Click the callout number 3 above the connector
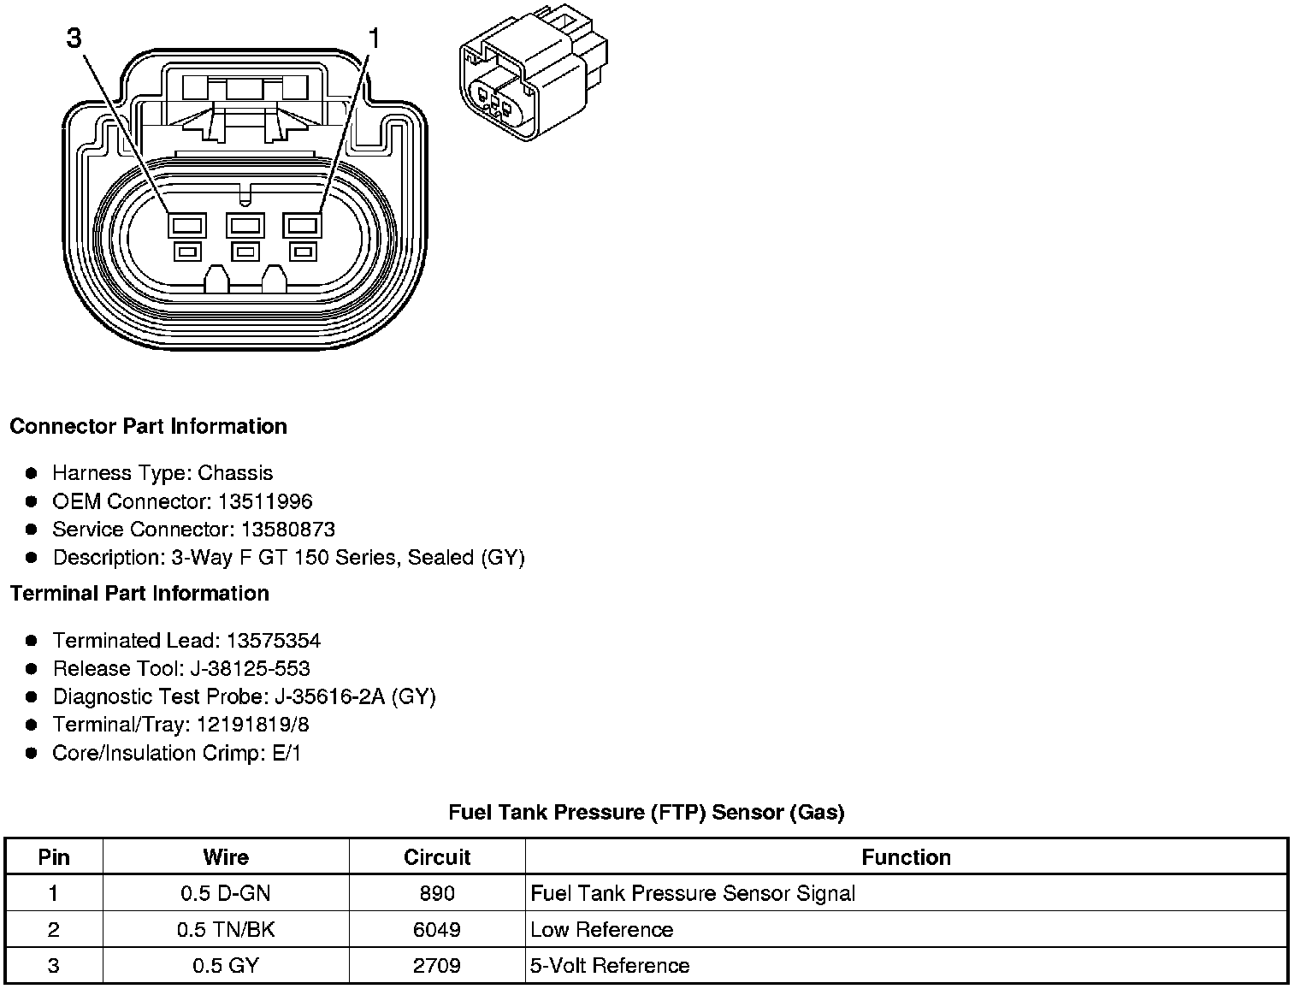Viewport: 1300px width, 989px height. (x=74, y=38)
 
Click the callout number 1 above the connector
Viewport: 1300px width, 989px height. (x=374, y=38)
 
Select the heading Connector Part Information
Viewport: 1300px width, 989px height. (x=148, y=426)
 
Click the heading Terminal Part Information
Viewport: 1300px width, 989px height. (x=139, y=593)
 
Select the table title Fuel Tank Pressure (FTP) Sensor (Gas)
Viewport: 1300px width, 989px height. (x=646, y=812)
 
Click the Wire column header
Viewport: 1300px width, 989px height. (x=226, y=857)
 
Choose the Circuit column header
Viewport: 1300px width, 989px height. (x=437, y=857)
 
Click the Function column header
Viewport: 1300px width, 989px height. (x=906, y=857)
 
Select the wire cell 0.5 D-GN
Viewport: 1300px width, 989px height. (x=226, y=894)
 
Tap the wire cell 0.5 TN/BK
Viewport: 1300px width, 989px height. (x=226, y=930)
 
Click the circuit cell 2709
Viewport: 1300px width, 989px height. (x=437, y=966)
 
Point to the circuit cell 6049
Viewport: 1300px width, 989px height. (x=437, y=930)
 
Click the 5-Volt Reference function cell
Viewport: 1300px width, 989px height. (x=610, y=966)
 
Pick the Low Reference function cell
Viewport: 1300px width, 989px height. (x=601, y=930)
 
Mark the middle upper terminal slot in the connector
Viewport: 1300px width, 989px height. (x=245, y=226)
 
